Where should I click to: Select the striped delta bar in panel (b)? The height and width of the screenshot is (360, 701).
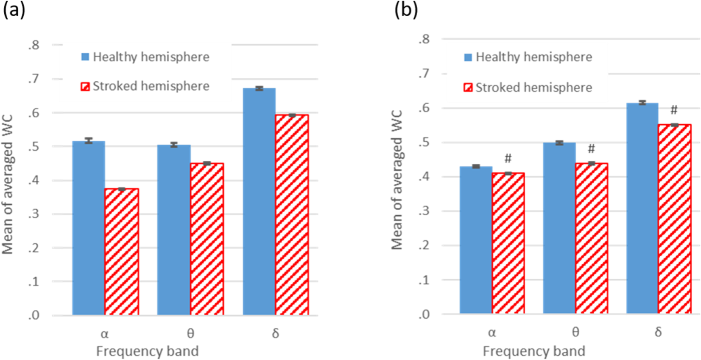pyautogui.click(x=674, y=219)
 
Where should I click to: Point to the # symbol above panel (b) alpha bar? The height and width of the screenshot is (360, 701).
pyautogui.click(x=508, y=159)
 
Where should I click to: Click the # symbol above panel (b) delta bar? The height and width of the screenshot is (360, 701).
pyautogui.click(x=674, y=110)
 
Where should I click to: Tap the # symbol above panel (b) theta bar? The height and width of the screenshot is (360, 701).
pyautogui.click(x=591, y=149)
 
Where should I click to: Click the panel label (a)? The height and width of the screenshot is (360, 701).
pyautogui.click(x=14, y=10)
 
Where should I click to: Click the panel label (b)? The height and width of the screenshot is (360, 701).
pyautogui.click(x=406, y=10)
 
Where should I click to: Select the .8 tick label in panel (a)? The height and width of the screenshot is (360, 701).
pyautogui.click(x=34, y=45)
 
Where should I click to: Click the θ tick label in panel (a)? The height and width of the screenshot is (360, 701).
pyautogui.click(x=190, y=334)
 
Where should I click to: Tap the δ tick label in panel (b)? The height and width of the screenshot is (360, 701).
pyautogui.click(x=658, y=332)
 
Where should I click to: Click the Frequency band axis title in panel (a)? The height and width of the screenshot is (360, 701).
pyautogui.click(x=147, y=351)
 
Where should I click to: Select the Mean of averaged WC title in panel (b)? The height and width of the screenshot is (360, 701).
pyautogui.click(x=396, y=180)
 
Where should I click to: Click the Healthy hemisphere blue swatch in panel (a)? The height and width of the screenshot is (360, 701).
pyautogui.click(x=85, y=57)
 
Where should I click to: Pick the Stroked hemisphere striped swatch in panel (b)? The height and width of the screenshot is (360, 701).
pyautogui.click(x=468, y=88)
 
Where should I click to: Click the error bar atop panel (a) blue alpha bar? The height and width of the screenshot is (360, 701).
pyautogui.click(x=88, y=140)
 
